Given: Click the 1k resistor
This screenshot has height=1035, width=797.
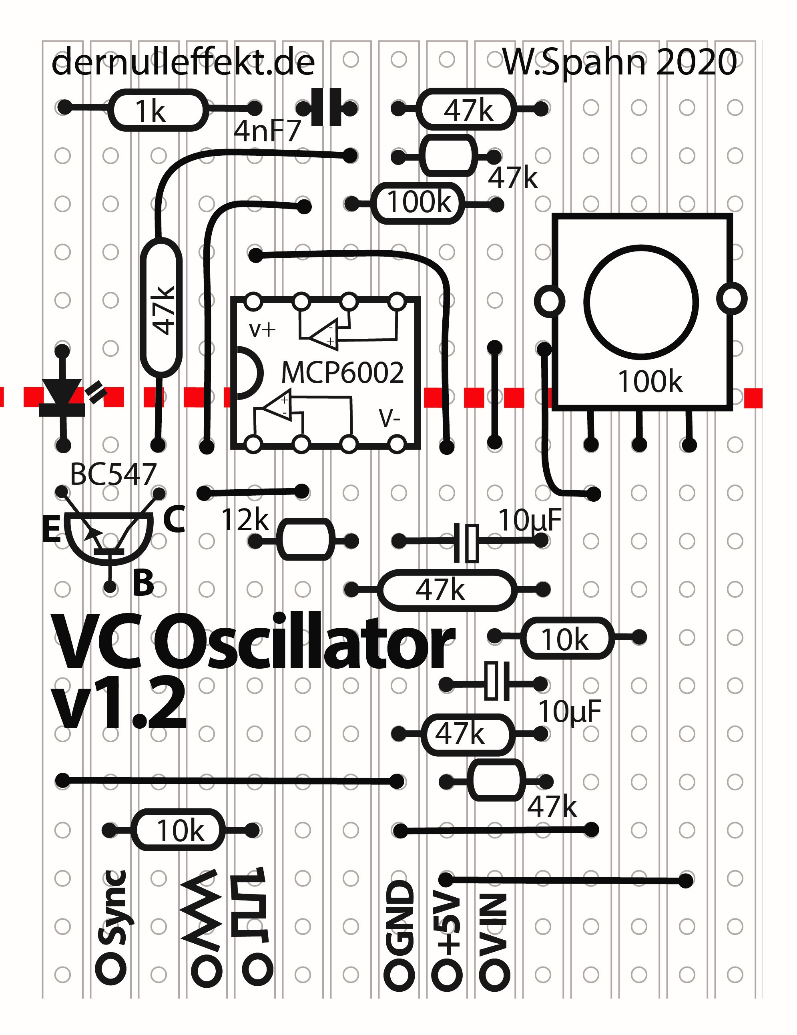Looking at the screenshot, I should [157, 110].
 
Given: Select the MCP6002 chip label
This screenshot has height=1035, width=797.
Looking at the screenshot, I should [342, 372].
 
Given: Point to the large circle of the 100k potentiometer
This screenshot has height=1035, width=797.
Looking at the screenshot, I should [640, 301].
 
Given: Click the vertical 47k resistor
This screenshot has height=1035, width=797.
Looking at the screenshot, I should [161, 308].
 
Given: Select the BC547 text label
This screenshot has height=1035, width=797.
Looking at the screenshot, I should [113, 474].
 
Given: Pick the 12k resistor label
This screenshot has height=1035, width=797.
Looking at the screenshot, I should [245, 520].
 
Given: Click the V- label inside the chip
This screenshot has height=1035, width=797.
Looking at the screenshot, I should [389, 418].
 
